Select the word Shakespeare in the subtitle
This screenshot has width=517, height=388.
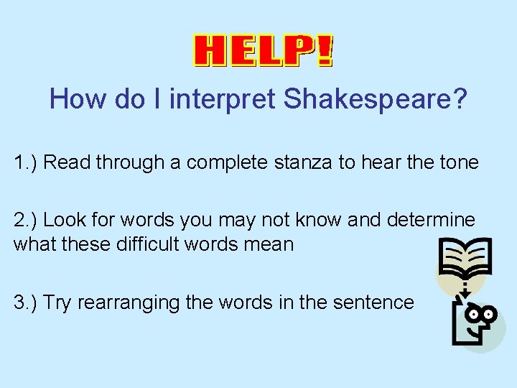click(x=376, y=99)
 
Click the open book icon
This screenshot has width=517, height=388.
click(x=464, y=261)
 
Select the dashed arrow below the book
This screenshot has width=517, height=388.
click(x=464, y=290)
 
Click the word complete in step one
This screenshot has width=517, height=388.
click(x=230, y=162)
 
